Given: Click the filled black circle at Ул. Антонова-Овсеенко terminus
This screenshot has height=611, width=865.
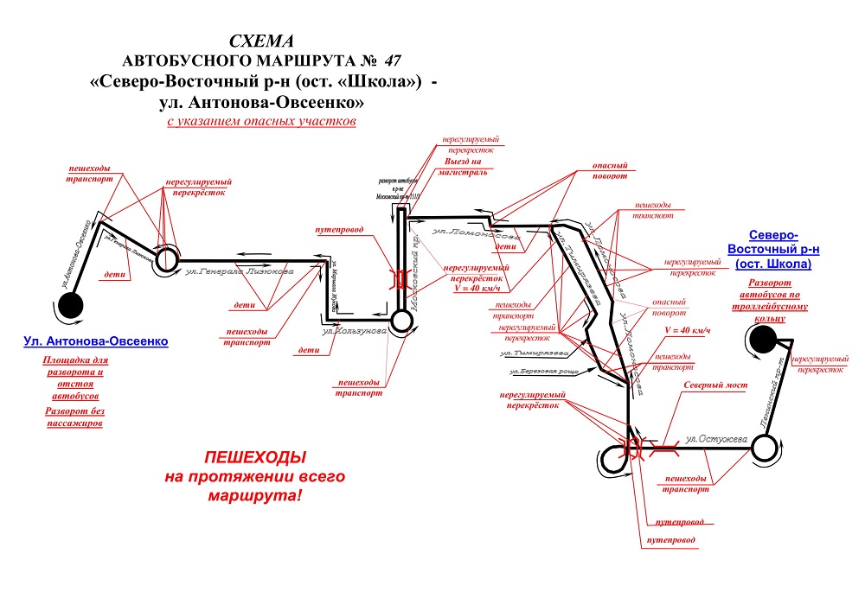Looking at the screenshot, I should point(70,305).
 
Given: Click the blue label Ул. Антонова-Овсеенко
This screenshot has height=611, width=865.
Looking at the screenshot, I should point(95,341).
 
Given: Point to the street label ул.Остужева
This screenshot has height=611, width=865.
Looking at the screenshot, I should point(715,439).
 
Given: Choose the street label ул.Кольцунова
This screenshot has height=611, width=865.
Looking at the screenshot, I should point(352,330).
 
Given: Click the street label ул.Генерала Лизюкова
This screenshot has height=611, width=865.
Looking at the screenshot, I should point(240,271).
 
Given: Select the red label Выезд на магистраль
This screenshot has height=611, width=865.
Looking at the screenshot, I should point(470,167).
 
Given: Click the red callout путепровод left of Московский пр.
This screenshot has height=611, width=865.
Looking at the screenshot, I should point(338,231).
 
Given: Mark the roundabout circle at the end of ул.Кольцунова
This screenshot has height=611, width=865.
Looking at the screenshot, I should point(400,321).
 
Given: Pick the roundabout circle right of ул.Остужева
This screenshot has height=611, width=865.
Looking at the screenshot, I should point(765,448).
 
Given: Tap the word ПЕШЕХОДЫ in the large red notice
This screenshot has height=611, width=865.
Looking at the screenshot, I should point(254,458).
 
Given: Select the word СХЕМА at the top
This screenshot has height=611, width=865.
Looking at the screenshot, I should point(261,41).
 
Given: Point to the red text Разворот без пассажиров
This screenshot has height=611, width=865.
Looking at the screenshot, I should point(74,417).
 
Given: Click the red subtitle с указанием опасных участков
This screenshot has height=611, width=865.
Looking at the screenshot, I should point(261,122).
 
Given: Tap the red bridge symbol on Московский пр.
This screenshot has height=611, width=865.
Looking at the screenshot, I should point(400,278).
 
